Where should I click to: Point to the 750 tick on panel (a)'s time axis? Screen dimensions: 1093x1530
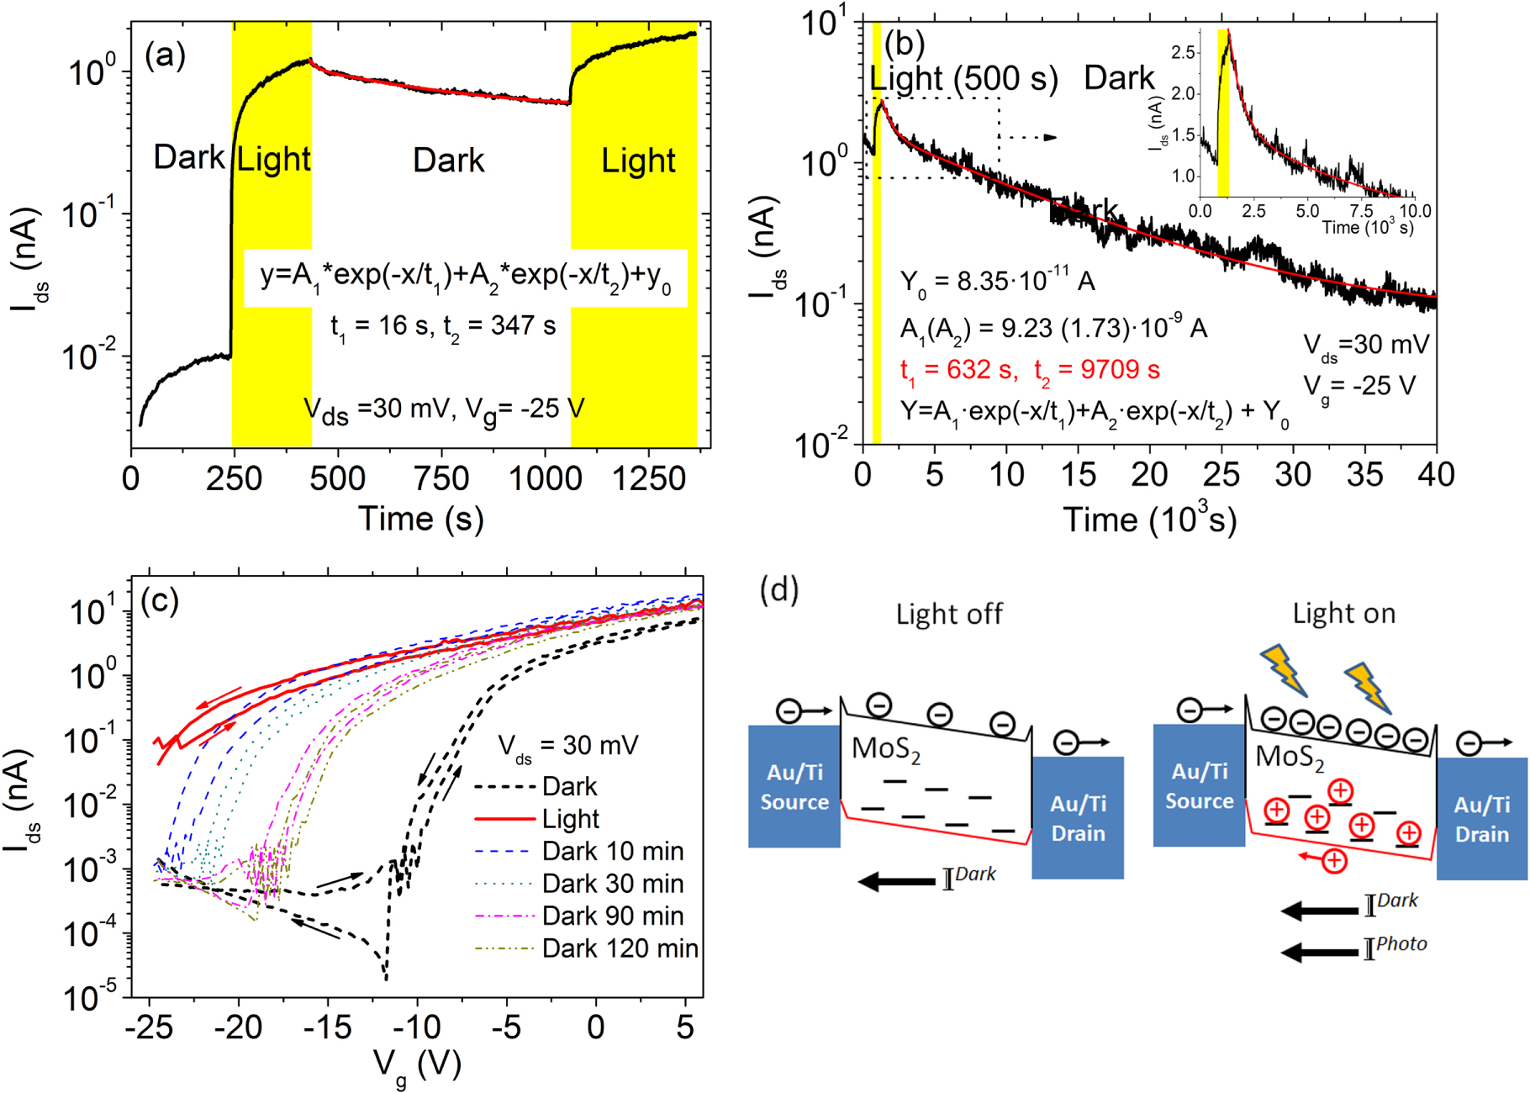click(x=442, y=478)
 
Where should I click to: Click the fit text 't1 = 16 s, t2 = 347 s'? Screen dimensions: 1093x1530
click(x=443, y=326)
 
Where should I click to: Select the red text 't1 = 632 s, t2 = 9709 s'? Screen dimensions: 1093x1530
click(x=1029, y=370)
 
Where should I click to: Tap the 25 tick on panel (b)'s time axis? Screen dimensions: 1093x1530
click(x=1221, y=475)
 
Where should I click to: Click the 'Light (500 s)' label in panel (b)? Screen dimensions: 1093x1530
click(x=963, y=78)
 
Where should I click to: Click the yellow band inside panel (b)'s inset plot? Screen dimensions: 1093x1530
click(x=1222, y=114)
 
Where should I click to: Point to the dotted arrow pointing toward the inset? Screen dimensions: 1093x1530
click(x=1031, y=137)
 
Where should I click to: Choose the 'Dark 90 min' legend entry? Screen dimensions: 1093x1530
click(x=611, y=916)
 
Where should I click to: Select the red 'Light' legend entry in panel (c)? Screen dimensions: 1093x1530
click(x=570, y=819)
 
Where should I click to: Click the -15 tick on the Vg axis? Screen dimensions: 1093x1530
click(x=328, y=1027)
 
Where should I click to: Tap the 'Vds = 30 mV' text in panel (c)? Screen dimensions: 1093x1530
click(x=568, y=746)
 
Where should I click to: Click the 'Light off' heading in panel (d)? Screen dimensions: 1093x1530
click(x=948, y=614)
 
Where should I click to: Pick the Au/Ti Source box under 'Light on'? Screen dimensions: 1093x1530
click(x=1199, y=785)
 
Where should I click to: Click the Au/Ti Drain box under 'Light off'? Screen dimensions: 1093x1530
click(x=1078, y=817)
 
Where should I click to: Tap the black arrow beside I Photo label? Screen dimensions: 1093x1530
click(x=1317, y=952)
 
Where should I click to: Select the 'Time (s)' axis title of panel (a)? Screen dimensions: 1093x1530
click(x=421, y=519)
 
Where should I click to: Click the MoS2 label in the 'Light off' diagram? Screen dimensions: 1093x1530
click(x=886, y=749)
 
